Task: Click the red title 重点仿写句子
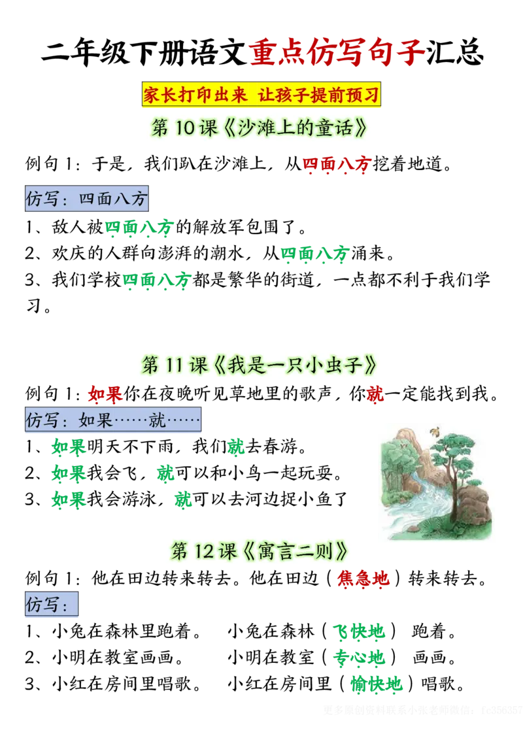[x=337, y=54]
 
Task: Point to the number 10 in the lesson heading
[x=184, y=128]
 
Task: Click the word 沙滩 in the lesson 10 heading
[x=256, y=128]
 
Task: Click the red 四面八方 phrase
[x=337, y=165]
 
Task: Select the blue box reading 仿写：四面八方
[x=87, y=199]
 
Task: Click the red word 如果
[x=106, y=394]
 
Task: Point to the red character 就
[x=376, y=394]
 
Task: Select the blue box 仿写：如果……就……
[x=112, y=420]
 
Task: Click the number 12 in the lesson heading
[x=204, y=552]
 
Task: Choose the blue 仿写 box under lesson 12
[x=50, y=605]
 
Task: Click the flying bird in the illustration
[x=433, y=431]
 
